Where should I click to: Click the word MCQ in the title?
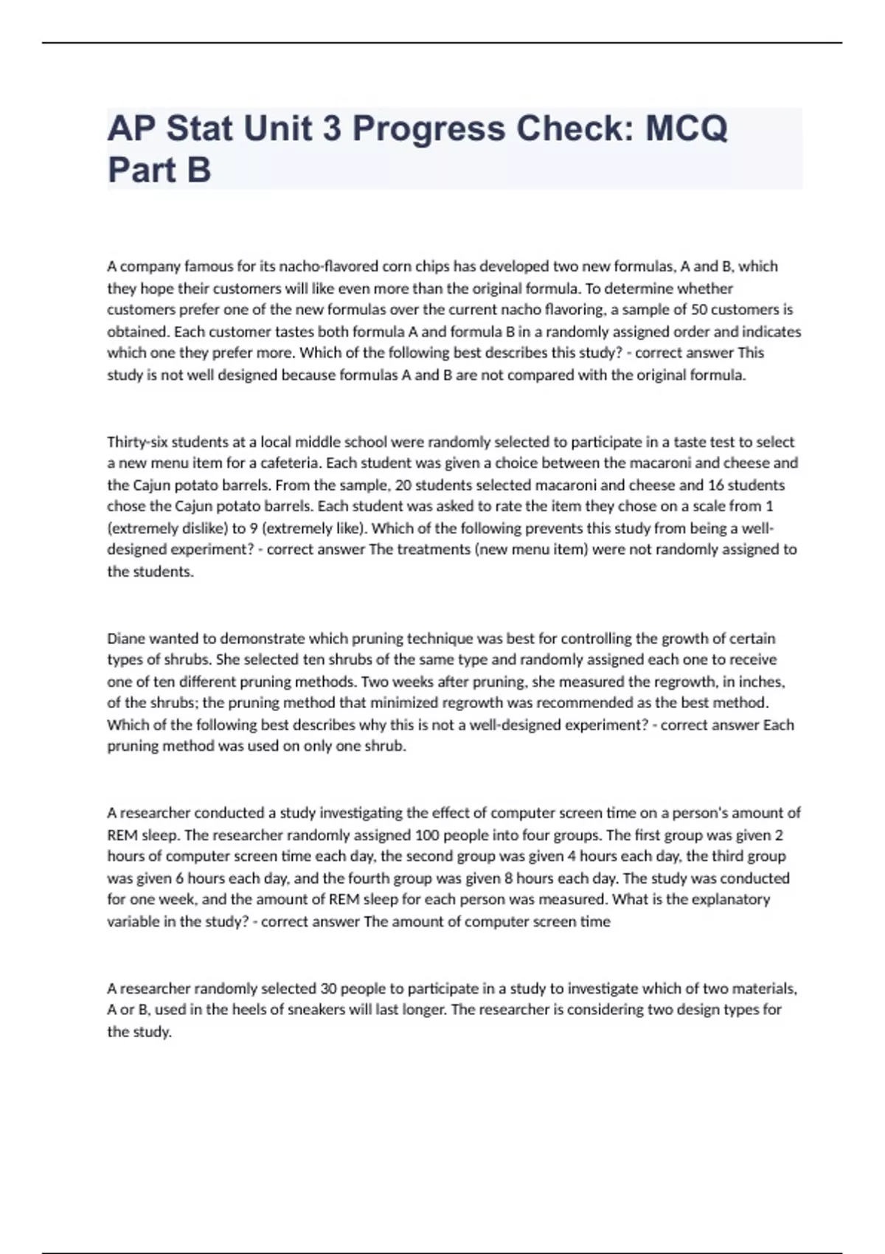[x=686, y=128]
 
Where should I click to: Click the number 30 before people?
[x=328, y=988]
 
